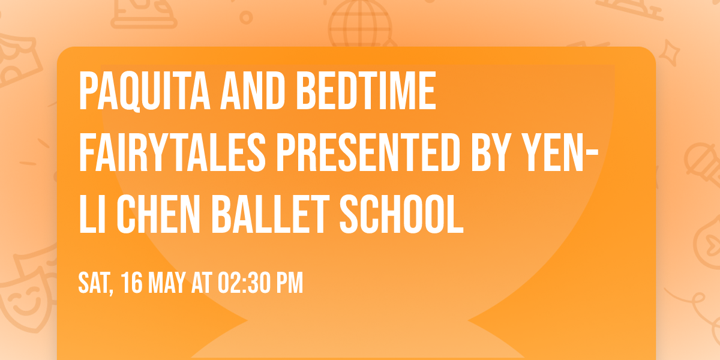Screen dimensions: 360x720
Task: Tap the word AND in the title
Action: (247, 92)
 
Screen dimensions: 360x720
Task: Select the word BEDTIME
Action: (366, 92)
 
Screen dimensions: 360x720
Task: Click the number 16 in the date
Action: (132, 283)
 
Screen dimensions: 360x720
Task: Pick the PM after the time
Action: (290, 283)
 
